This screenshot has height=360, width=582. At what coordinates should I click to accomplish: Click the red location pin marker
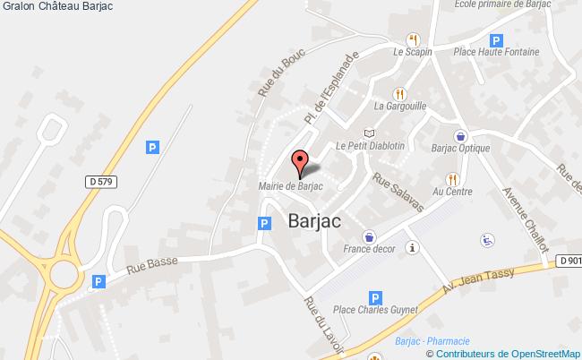tap(300, 163)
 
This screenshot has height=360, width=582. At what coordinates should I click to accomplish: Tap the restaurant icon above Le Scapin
tap(413, 39)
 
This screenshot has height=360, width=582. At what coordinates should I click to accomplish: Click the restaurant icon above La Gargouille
tap(400, 92)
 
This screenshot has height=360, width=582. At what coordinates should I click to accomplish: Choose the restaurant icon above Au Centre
tap(452, 178)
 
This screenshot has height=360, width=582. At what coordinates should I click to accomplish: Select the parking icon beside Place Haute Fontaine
tap(495, 40)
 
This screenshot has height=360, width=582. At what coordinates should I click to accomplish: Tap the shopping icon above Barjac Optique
tap(459, 136)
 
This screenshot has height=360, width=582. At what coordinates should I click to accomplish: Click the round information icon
tap(412, 247)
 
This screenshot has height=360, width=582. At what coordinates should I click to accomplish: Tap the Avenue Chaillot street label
tap(518, 208)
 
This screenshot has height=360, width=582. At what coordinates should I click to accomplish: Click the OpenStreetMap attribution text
tap(528, 354)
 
